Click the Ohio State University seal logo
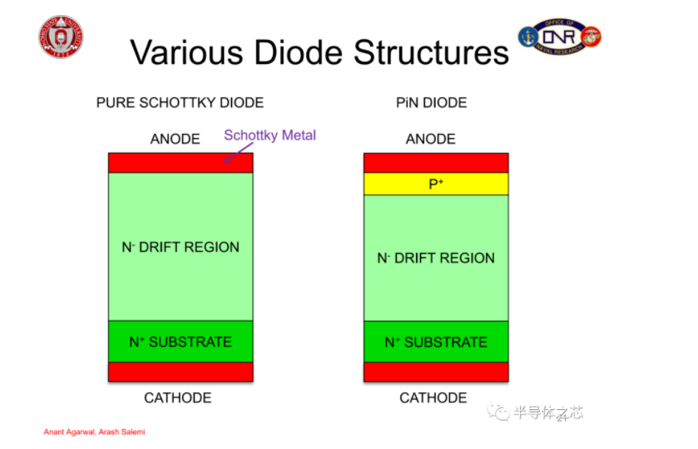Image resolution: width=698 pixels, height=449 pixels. coord(61,37)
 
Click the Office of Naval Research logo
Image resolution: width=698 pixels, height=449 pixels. coord(560,37)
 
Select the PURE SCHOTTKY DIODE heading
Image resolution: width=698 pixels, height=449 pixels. coord(180,103)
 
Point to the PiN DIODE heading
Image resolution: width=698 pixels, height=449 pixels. coord(431,103)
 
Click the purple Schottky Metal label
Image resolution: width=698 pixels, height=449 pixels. coord(270,135)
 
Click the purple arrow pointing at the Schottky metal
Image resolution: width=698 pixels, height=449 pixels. coord(238,153)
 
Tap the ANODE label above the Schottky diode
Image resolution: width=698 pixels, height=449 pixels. coord(175,139)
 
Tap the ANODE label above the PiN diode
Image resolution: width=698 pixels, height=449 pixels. coord(430,139)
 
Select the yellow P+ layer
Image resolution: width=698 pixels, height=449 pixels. coord(436,184)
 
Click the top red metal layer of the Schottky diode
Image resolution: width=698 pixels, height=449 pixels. coord(181,163)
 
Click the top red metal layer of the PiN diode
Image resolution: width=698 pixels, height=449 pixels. coord(436,163)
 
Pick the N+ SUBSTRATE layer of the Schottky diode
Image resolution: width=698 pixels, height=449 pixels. coord(181,341)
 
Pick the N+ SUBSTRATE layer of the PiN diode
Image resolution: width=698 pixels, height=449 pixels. coord(436,342)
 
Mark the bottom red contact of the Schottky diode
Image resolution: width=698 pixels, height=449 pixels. coord(181,372)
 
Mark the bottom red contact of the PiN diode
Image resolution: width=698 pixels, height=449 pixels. coord(436,372)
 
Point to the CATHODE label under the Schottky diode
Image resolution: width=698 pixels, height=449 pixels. coord(177,397)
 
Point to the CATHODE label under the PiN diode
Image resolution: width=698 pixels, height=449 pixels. coord(433,397)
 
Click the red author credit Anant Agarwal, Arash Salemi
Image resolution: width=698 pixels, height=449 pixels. coord(94,432)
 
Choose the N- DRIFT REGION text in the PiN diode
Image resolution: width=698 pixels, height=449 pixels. coord(436,258)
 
